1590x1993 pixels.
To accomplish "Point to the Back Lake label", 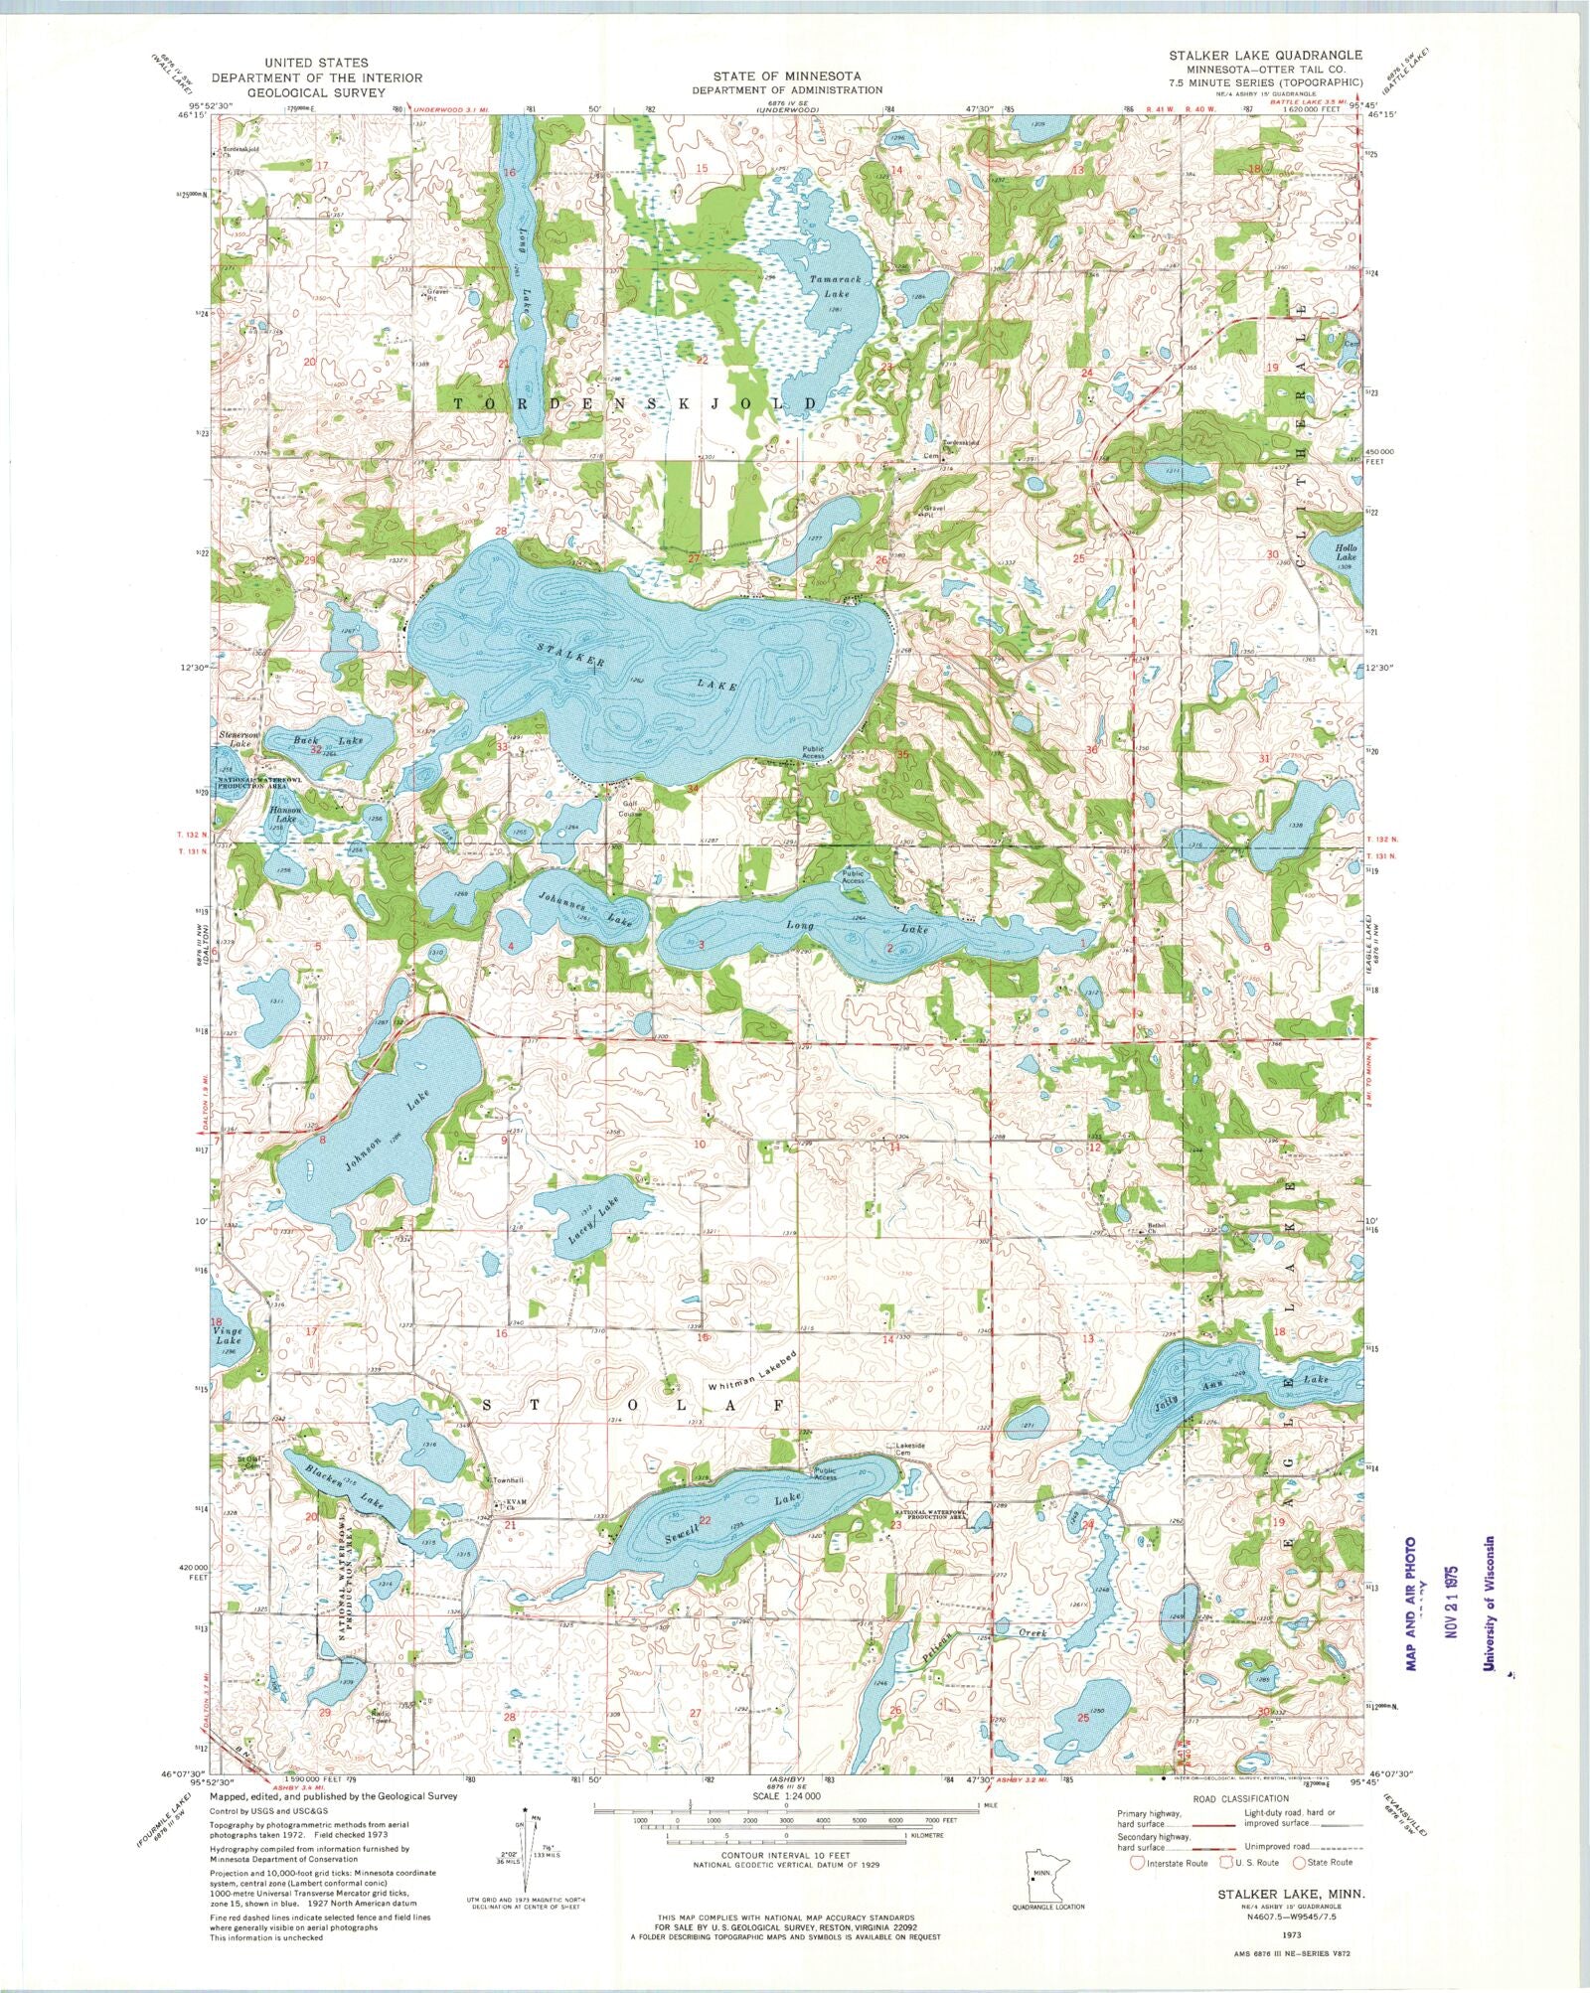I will pos(314,741).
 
